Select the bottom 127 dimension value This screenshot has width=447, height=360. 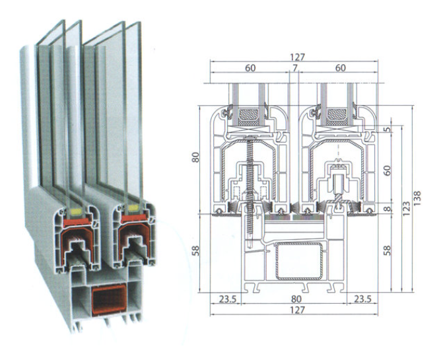pyautogui.click(x=293, y=310)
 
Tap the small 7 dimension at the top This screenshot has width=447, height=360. pyautogui.click(x=294, y=68)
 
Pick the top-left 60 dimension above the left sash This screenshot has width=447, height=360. pyautogui.click(x=250, y=68)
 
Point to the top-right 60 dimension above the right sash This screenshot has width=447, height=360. pyautogui.click(x=340, y=68)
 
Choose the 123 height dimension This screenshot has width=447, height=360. pyautogui.click(x=405, y=209)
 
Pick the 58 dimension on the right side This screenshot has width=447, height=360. pyautogui.click(x=388, y=251)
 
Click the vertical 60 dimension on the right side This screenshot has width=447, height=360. pyautogui.click(x=388, y=170)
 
